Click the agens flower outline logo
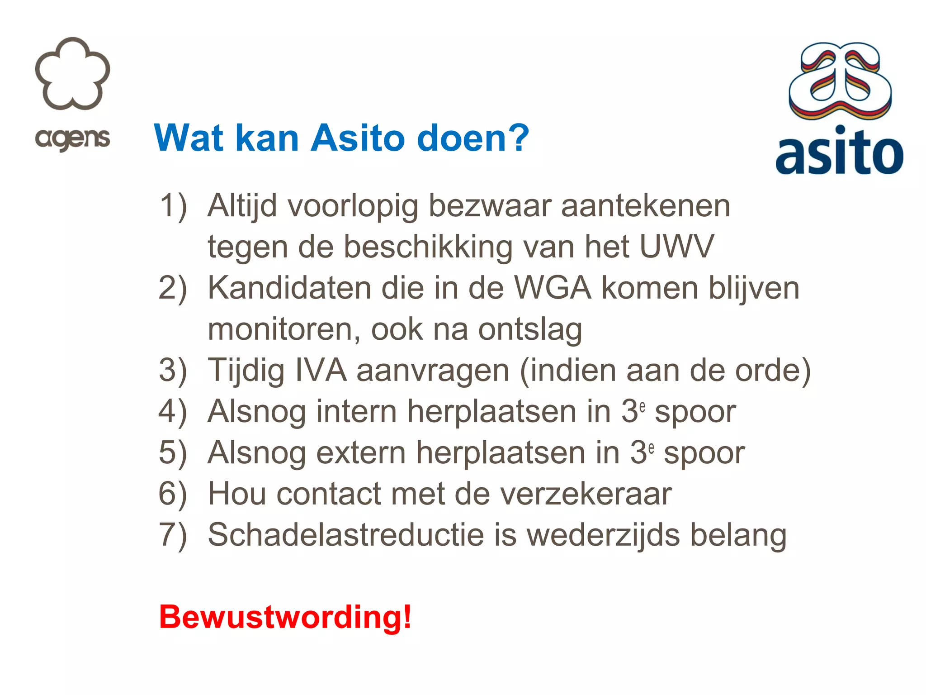[x=72, y=73]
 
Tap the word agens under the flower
[x=72, y=139]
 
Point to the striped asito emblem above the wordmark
[x=840, y=81]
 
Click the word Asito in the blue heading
[x=358, y=138]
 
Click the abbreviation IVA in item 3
[x=321, y=370]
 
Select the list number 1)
[x=173, y=206]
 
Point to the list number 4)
[x=173, y=412]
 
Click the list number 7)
[x=173, y=535]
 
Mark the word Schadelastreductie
[x=346, y=535]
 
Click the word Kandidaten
[x=289, y=288]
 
